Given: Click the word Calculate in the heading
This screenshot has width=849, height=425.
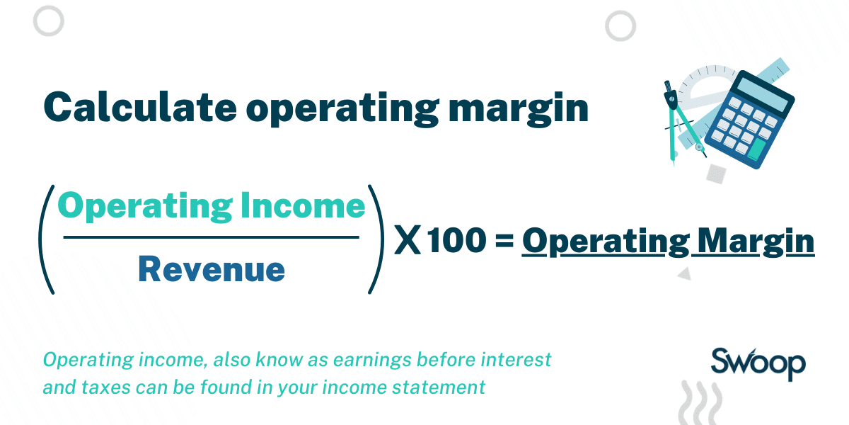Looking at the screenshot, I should coord(137,107).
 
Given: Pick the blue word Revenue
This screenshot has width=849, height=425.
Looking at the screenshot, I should coord(212,269).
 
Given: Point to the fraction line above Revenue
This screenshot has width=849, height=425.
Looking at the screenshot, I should coord(212,237).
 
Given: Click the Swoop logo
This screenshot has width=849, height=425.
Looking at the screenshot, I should coord(757,364).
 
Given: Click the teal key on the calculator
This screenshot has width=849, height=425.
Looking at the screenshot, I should coord(758,148).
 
